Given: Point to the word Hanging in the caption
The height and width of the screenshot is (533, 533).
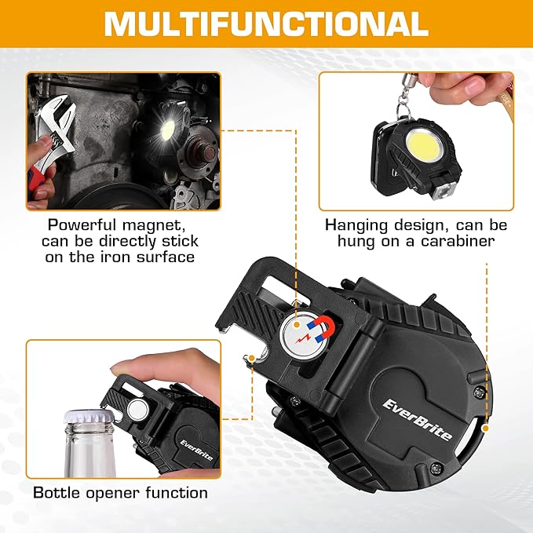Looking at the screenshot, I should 356,225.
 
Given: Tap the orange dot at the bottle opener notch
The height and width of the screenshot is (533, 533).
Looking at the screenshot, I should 250,358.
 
